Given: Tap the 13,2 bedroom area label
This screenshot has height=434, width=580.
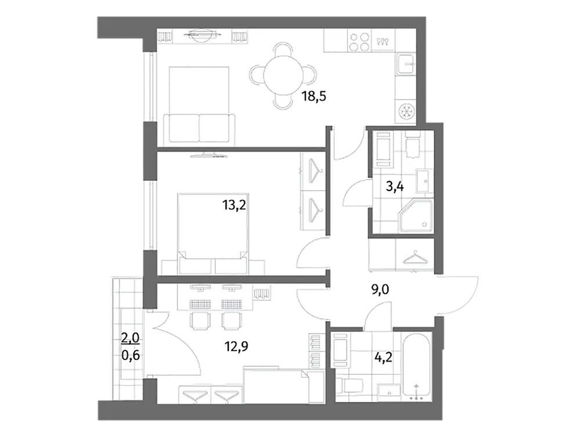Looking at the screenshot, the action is click(x=234, y=204).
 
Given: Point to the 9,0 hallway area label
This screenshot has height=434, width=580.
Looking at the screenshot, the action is click(x=380, y=290).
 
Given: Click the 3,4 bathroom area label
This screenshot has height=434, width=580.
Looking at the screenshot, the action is click(x=394, y=185).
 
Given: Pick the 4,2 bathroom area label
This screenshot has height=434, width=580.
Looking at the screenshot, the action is click(x=383, y=358).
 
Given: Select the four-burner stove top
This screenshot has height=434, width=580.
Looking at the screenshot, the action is click(x=359, y=42).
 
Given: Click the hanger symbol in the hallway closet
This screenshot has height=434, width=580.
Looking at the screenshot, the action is click(x=414, y=257).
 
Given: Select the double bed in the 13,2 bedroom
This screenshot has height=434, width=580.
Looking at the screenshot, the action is click(x=213, y=234).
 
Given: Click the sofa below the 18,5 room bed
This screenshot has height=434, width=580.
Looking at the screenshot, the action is click(x=200, y=128).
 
